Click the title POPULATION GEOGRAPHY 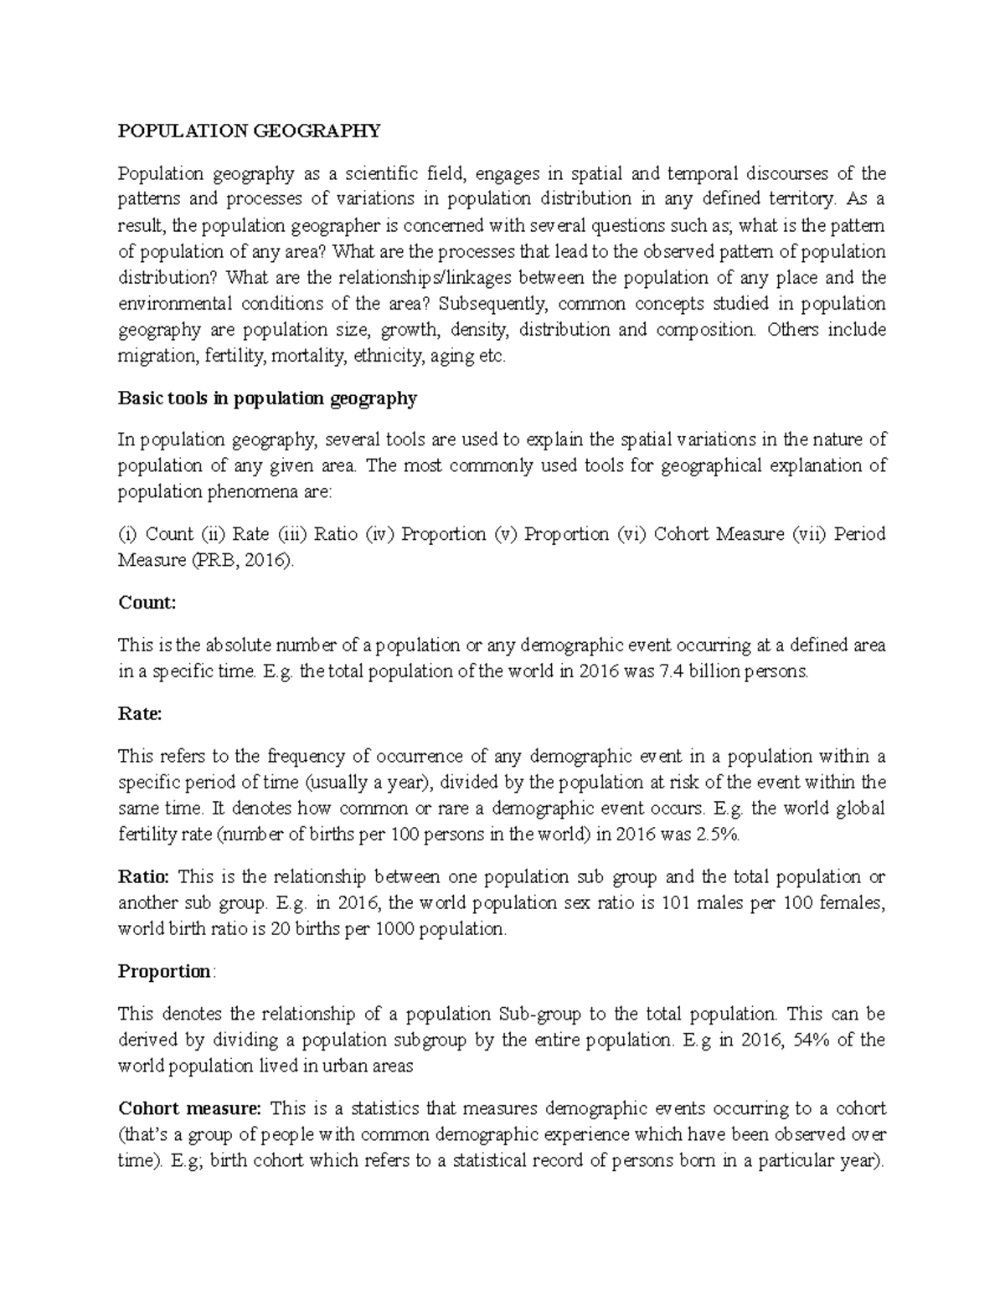coord(249,131)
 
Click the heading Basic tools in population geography coord(267,398)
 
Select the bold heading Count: coord(147,603)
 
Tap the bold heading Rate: coord(140,714)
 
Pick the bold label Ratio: coord(144,877)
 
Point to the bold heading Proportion coord(165,972)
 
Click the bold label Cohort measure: coord(190,1109)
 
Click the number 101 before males coord(675,903)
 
